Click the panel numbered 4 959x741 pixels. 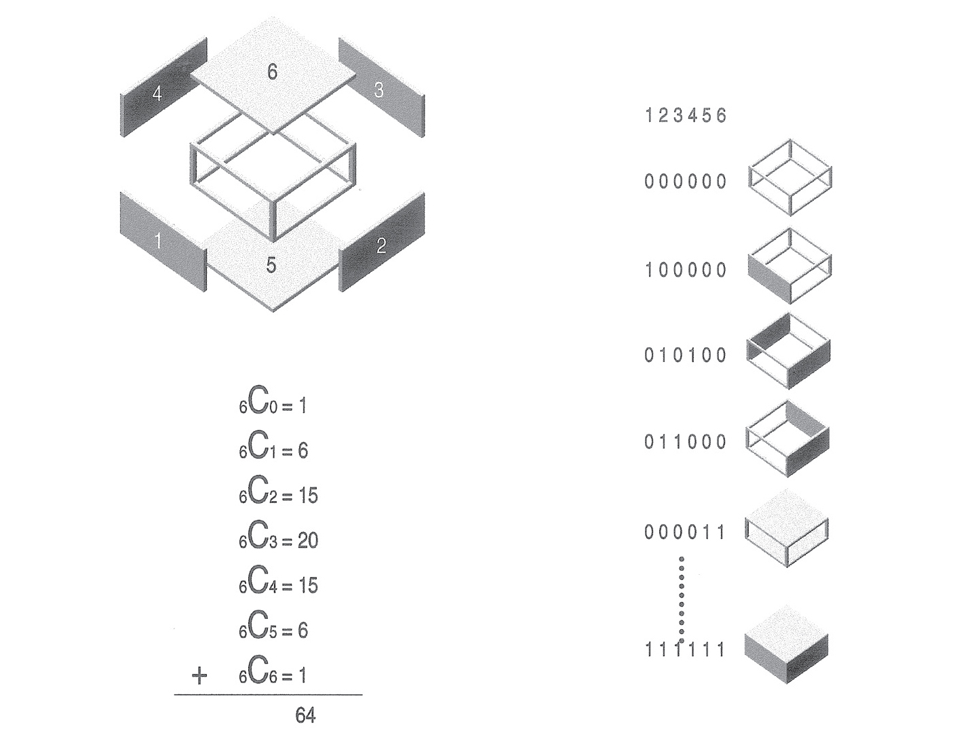[x=163, y=87]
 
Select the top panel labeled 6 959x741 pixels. [x=273, y=75]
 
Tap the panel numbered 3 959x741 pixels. [x=382, y=87]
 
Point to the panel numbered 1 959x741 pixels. [x=163, y=242]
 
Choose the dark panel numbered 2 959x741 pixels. [x=382, y=242]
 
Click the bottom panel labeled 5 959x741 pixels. [x=273, y=260]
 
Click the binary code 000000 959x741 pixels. [x=686, y=182]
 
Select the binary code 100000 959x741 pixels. [x=686, y=270]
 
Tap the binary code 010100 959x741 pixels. [x=686, y=355]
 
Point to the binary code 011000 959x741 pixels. [x=686, y=441]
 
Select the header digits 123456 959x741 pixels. [x=686, y=115]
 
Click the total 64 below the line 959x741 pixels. [x=305, y=716]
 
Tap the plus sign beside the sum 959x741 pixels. [x=199, y=676]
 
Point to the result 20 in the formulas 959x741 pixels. [x=308, y=541]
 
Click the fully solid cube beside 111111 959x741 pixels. [x=787, y=644]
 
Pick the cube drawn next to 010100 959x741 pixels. [x=788, y=352]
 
